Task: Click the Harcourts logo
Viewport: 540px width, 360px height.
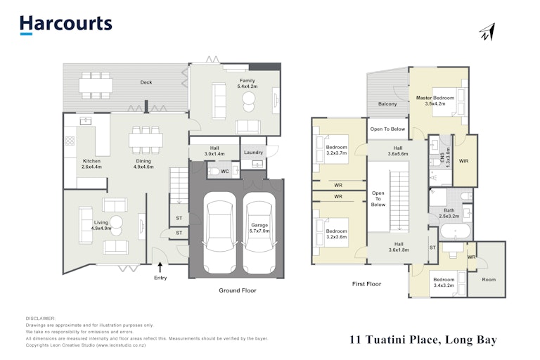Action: point(66,25)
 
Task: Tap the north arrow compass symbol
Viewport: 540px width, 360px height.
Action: point(487,32)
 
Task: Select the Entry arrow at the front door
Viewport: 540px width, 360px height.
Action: point(160,267)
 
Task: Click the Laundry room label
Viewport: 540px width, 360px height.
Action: point(253,153)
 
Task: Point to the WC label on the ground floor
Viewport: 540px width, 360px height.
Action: point(224,172)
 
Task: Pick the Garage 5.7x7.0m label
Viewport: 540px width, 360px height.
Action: point(259,228)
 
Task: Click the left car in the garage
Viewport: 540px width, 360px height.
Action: point(219,233)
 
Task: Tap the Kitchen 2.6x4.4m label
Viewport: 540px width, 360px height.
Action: point(91,164)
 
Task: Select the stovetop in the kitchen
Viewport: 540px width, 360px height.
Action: point(70,141)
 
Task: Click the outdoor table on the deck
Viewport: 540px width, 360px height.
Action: point(96,86)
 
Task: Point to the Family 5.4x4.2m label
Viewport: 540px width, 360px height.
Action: point(247,84)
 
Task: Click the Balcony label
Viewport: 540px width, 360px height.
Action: point(387,103)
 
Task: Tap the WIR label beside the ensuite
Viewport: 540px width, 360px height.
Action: point(463,161)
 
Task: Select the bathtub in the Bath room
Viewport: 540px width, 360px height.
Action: point(456,231)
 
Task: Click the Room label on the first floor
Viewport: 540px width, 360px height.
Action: point(489,279)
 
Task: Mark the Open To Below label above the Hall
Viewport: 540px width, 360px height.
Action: point(387,129)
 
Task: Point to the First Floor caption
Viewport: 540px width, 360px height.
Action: point(366,284)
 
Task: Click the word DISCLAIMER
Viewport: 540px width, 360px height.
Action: point(41,319)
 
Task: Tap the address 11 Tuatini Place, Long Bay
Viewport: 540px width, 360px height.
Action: point(423,340)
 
